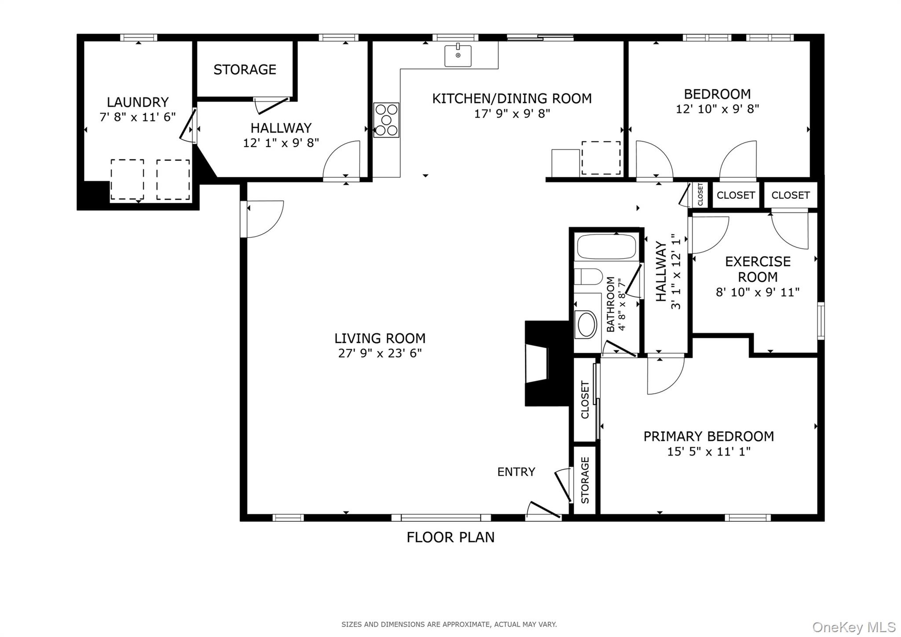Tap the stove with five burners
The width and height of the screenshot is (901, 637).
click(x=386, y=120)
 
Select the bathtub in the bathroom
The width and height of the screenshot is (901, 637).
click(x=607, y=247)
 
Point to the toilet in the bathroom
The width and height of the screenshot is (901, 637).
click(x=588, y=277)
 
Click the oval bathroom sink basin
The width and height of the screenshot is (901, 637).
click(x=586, y=324)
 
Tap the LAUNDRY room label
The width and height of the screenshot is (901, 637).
click(x=138, y=102)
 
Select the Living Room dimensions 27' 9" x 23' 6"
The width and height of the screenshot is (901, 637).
click(x=380, y=353)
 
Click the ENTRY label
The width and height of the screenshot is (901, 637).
click(x=516, y=472)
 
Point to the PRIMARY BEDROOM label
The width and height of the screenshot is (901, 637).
click(x=708, y=436)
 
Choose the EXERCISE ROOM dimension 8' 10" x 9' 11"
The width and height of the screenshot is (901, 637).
click(x=758, y=292)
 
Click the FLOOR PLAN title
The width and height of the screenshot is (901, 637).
click(x=450, y=537)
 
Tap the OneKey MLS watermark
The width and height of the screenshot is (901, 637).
click(x=853, y=627)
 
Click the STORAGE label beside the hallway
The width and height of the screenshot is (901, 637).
click(x=245, y=70)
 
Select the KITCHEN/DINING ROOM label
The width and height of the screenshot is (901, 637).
click(x=512, y=99)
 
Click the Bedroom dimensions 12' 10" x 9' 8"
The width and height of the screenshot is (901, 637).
click(x=718, y=109)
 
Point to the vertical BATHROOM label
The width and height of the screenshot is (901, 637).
click(x=610, y=304)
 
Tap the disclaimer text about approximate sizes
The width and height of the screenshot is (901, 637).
click(x=449, y=624)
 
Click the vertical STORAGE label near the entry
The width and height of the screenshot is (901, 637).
click(x=585, y=480)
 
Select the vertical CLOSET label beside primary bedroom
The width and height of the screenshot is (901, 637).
click(x=585, y=400)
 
